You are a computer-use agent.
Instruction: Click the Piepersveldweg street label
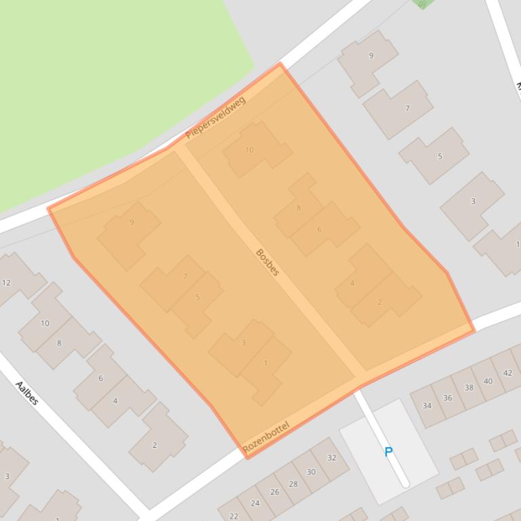click(x=215, y=117)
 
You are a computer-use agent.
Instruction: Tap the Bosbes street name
click(x=268, y=262)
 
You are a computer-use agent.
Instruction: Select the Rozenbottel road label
click(x=266, y=437)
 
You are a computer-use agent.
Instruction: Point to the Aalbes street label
click(x=27, y=392)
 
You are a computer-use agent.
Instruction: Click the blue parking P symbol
click(x=389, y=452)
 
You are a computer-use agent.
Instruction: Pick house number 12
click(x=6, y=283)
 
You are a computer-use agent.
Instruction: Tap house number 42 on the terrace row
click(x=507, y=373)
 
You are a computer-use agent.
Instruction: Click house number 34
click(x=427, y=406)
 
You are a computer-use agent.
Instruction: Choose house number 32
click(x=331, y=458)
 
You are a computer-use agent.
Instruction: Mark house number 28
click(x=293, y=484)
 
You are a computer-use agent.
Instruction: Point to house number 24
click(x=255, y=503)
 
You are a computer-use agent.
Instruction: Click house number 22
click(x=233, y=516)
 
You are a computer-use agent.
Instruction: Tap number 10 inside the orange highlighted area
click(x=249, y=150)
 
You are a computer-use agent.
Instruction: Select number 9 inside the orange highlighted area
click(x=131, y=222)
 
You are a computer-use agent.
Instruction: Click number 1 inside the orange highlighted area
click(x=266, y=363)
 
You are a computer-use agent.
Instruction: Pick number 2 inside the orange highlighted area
click(x=379, y=302)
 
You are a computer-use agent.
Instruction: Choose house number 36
click(x=447, y=398)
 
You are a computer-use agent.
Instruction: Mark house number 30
click(x=311, y=472)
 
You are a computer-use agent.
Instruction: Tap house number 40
click(x=488, y=382)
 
